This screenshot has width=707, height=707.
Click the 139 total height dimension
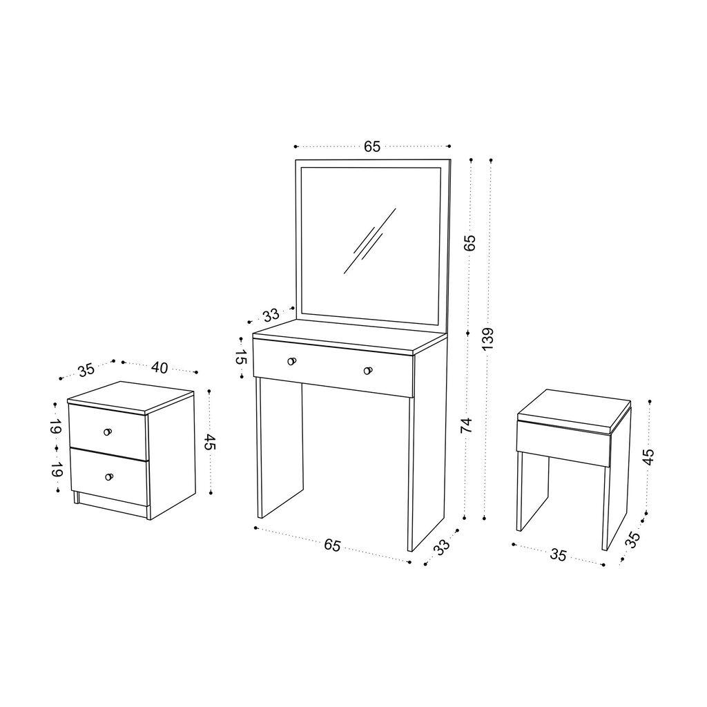point(489,339)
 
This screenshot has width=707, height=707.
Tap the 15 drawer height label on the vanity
point(240,357)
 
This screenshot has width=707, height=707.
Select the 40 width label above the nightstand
point(159,367)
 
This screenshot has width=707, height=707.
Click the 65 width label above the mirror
point(372,146)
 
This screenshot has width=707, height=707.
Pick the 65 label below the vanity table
point(332,545)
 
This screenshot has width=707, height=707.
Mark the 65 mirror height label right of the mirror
point(469,242)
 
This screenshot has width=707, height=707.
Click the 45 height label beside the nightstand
point(210,442)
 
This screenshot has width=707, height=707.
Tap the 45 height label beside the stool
point(648,456)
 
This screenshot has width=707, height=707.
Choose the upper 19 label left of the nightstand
point(55,426)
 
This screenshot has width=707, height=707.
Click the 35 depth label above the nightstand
point(86,370)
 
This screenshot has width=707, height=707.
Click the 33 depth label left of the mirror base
point(271,316)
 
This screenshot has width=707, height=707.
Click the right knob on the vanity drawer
point(368,371)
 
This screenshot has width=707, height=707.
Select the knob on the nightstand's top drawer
point(107,432)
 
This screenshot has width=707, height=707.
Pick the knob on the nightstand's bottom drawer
point(108,476)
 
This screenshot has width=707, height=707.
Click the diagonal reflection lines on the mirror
point(369,242)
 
